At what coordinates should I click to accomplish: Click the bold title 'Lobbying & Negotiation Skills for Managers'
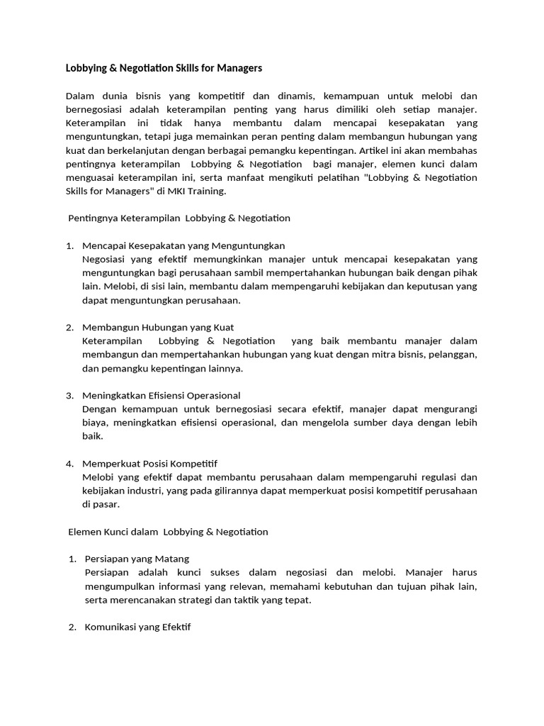[164, 68]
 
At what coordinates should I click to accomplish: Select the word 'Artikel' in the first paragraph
[375, 150]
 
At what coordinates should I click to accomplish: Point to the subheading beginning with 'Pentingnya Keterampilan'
[179, 218]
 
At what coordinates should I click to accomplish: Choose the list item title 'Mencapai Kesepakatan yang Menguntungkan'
[183, 245]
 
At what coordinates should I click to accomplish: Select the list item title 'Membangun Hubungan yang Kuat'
[158, 327]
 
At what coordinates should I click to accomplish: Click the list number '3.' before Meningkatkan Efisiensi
[70, 395]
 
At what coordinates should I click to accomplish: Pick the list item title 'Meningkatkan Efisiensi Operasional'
[161, 395]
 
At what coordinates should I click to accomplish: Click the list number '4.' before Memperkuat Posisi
[70, 463]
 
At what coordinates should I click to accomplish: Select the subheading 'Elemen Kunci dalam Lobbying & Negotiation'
[168, 531]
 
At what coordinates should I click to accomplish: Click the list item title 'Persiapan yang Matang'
[137, 559]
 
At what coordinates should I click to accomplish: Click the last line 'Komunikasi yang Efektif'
[137, 627]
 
